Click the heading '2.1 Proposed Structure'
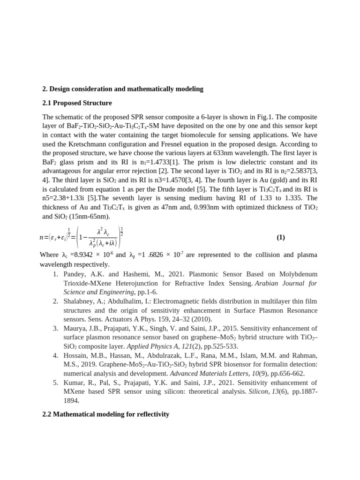pos(77,103)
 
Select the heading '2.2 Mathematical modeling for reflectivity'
pos(105,414)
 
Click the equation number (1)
pos(280,237)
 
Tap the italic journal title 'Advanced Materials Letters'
pos(206,374)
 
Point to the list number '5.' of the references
pos(55,382)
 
